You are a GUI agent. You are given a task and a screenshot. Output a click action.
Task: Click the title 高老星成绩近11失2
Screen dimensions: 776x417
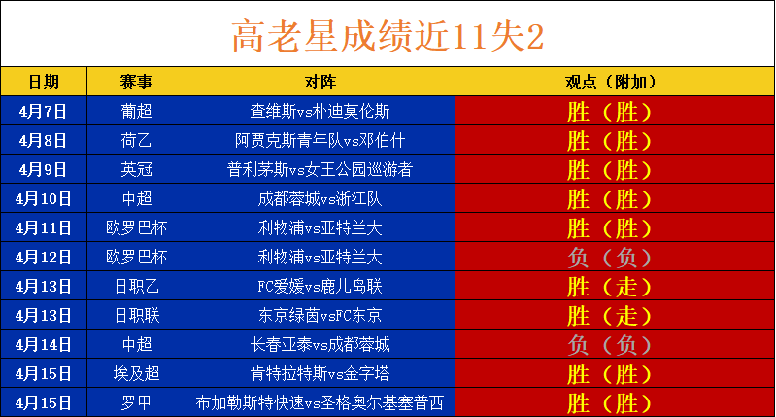(x=388, y=36)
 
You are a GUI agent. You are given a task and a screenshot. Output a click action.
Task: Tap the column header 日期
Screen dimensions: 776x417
(x=44, y=82)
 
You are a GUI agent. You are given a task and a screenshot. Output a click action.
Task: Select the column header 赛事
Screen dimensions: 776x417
(x=136, y=82)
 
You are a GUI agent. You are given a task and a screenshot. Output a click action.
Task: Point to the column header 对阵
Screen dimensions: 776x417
(x=321, y=82)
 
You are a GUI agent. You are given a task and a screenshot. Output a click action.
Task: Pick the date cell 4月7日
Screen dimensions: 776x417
(x=43, y=111)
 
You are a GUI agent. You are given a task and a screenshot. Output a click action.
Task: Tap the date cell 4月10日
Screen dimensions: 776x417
(x=43, y=198)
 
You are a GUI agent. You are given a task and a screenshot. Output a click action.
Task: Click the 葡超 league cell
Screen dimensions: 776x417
(x=136, y=111)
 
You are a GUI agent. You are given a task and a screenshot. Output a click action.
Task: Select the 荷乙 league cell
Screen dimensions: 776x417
(x=136, y=140)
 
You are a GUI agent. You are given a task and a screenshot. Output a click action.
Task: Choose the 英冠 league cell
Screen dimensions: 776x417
(x=136, y=169)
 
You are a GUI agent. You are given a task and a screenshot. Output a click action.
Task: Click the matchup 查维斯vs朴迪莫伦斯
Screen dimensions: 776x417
(x=321, y=111)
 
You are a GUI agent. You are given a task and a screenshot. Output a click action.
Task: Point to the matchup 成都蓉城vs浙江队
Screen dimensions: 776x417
(x=321, y=198)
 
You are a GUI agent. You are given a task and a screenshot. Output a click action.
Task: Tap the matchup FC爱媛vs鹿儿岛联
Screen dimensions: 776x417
(x=321, y=286)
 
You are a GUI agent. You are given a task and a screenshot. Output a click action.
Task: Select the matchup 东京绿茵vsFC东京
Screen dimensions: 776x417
(x=321, y=316)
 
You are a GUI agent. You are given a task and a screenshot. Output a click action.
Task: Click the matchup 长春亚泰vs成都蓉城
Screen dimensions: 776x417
(x=321, y=345)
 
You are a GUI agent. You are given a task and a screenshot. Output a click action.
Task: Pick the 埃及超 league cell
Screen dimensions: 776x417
(x=136, y=374)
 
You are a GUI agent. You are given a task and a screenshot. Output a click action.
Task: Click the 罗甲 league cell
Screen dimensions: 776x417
(x=136, y=403)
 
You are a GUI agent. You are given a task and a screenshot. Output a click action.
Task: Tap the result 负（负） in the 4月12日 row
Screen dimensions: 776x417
(x=609, y=258)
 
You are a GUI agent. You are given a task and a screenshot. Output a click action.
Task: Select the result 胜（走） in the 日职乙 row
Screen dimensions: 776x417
(x=609, y=287)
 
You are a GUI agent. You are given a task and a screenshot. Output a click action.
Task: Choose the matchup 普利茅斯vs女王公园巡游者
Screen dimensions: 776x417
(x=321, y=169)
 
